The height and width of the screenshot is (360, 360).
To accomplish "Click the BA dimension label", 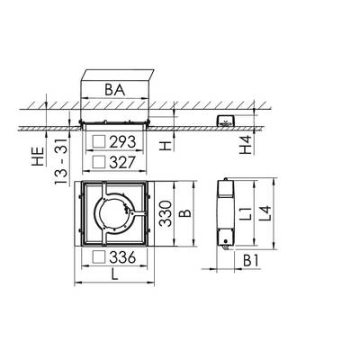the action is [114, 90].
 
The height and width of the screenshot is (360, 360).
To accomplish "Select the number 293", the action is [122, 142].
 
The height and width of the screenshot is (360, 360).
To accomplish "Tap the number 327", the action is [122, 162].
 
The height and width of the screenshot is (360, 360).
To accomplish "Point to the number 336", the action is [122, 257].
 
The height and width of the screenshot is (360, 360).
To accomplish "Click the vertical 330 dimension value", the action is [166, 213].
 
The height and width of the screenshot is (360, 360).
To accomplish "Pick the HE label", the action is [39, 157].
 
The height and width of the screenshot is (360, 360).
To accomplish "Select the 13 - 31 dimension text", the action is [61, 162].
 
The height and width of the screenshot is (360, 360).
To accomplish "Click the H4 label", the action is [246, 145].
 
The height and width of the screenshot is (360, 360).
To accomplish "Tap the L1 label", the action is [246, 213].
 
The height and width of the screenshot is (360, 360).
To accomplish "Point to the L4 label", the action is [265, 213].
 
